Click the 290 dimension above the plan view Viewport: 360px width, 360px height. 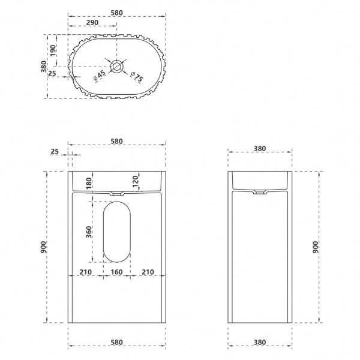point(92,22)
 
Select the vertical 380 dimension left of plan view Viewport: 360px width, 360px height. point(43,67)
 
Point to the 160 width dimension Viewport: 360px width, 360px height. point(117,272)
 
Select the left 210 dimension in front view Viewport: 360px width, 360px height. point(86,272)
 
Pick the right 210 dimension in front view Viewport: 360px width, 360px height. point(148,272)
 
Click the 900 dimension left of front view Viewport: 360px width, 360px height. point(43,247)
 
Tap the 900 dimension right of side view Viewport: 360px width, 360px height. point(316,247)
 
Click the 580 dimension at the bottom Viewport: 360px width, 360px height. point(117,343)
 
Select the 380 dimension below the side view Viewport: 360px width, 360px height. point(261,343)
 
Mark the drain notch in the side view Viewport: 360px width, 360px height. point(261,193)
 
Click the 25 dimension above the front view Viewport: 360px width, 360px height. point(55,152)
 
